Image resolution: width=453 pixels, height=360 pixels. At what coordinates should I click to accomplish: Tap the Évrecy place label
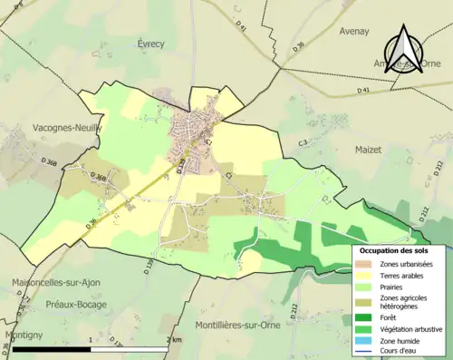[x=153, y=43]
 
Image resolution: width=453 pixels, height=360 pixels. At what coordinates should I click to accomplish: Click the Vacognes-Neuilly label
[x=68, y=128]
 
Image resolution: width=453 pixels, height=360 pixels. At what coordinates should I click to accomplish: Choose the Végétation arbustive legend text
[x=410, y=329]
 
